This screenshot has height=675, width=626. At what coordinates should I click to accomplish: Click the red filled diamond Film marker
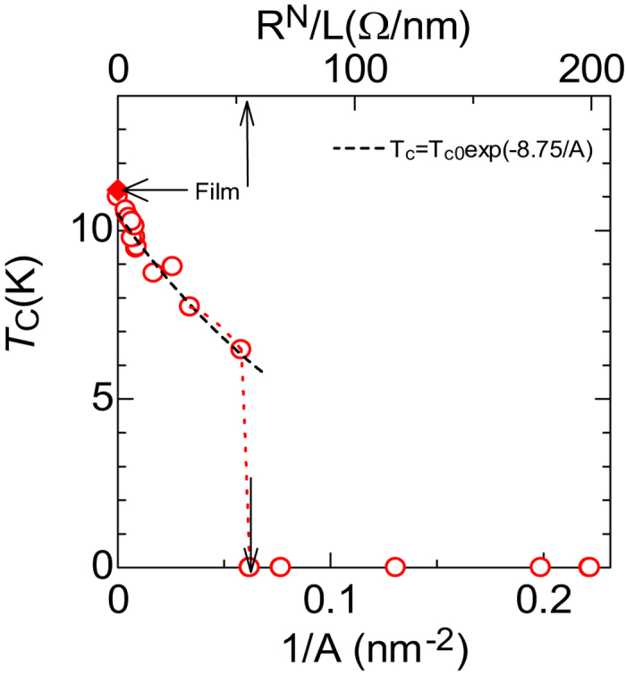118,190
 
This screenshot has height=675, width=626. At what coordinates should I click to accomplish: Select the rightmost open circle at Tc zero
588,567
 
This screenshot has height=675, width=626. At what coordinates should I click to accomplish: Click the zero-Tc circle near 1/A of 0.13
394,567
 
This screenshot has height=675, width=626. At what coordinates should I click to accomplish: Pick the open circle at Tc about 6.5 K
240,349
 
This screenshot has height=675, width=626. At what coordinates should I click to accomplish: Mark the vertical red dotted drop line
245,456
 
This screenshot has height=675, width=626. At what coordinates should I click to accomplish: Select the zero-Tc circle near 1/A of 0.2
539,567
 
